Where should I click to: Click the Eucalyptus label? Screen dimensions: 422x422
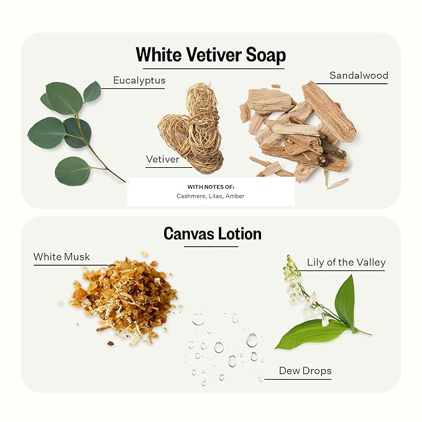click(139, 80)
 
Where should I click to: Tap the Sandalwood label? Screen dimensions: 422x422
click(359, 75)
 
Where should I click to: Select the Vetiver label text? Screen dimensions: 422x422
click(163, 159)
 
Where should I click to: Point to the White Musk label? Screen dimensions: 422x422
click(62, 257)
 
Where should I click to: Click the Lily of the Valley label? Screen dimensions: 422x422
click(346, 262)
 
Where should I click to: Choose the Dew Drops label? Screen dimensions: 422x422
click(305, 371)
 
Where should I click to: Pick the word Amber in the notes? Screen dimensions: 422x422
click(235, 196)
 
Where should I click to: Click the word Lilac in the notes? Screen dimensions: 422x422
click(216, 196)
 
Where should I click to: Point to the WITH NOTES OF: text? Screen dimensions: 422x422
click(211, 187)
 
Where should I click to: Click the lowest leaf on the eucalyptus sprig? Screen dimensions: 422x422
click(73, 171)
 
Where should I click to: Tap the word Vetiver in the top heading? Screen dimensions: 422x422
click(214, 55)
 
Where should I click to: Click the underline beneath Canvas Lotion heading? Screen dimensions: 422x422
click(211, 247)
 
